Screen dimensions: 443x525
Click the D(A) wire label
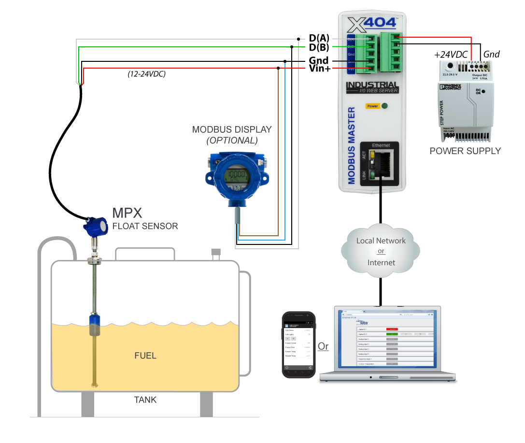[319, 38]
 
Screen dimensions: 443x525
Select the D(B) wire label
[319, 47]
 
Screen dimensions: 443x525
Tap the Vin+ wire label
[319, 69]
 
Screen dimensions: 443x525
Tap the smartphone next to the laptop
[298, 344]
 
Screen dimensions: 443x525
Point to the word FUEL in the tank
[145, 356]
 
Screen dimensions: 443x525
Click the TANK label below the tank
[145, 400]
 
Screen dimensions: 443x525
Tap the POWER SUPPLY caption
[465, 151]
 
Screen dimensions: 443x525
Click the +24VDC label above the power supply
[451, 55]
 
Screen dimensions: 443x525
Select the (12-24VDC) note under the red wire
[144, 74]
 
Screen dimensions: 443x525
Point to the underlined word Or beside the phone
[323, 346]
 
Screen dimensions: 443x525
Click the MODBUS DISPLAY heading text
[231, 129]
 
